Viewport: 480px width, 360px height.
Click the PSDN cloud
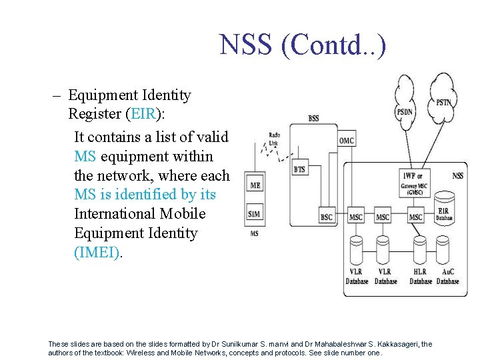pos(404,100)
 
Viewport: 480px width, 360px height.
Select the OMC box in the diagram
pos(347,141)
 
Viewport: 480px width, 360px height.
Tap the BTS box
pos(300,169)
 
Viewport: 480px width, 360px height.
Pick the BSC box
pos(326,217)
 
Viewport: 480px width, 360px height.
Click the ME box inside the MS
pos(255,185)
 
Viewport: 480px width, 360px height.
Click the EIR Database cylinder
pos(444,207)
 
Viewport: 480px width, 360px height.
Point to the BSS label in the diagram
pos(313,119)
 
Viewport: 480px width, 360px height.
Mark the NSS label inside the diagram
pos(458,176)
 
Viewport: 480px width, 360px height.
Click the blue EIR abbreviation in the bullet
pos(143,114)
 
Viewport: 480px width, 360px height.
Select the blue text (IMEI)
pos(97,253)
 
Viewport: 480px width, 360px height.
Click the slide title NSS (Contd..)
pos(303,45)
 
